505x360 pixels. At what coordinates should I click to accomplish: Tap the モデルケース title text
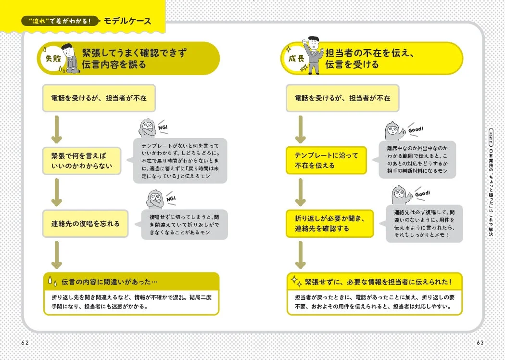pyautogui.click(x=127, y=21)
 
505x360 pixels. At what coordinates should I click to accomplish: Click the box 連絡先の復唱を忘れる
pyautogui.click(x=85, y=224)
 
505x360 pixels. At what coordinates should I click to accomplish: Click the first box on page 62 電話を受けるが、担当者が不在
pyautogui.click(x=99, y=98)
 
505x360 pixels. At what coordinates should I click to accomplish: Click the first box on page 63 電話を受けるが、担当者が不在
pyautogui.click(x=342, y=98)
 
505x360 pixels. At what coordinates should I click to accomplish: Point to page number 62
pyautogui.click(x=25, y=342)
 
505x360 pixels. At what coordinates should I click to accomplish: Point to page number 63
pyautogui.click(x=480, y=342)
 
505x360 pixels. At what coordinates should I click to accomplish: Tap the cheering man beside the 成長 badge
pyautogui.click(x=315, y=54)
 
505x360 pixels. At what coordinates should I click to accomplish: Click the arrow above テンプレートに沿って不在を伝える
pyautogui.click(x=301, y=129)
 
